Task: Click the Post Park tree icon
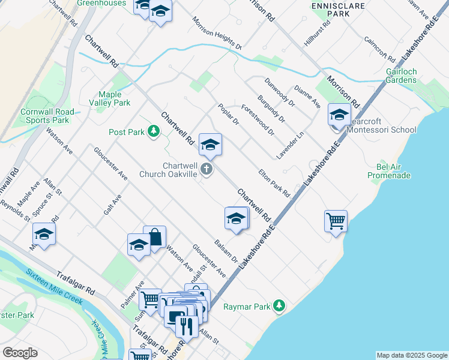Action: pos(154,131)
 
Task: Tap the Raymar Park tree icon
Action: pos(279,306)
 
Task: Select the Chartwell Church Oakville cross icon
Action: pos(206,169)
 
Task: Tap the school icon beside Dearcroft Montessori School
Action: pos(339,115)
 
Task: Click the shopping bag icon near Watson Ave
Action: pos(154,237)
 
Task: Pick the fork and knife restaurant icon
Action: pos(185,326)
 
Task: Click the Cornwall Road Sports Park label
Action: pos(47,116)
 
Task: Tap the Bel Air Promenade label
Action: pos(389,170)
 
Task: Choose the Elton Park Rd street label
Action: pos(274,182)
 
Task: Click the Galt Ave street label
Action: pos(112,204)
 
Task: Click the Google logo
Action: pos(20,353)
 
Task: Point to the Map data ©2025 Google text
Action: pos(411,355)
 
